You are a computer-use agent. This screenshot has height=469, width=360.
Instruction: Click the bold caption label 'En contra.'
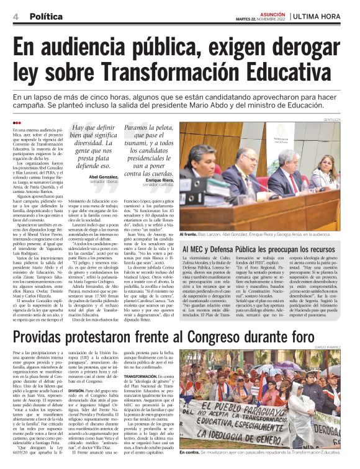pyautogui.click(x=189, y=453)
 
